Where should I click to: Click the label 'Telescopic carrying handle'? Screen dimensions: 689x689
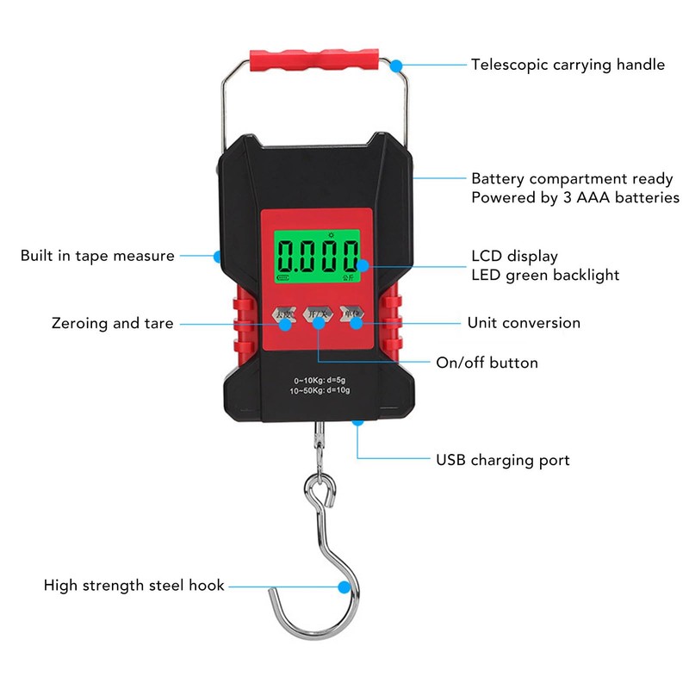tap(568, 65)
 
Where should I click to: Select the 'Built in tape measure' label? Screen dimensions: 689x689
tap(97, 256)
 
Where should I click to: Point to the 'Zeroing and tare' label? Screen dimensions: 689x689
tap(112, 324)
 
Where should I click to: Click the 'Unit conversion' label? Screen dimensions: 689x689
tap(524, 323)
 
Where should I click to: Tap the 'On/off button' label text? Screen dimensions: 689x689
tap(487, 363)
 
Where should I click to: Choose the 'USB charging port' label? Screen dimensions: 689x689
tap(503, 460)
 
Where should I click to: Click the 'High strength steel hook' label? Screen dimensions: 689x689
tap(134, 586)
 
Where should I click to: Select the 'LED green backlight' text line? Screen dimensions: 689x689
tap(545, 275)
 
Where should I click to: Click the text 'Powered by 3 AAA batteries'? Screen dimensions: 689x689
tap(575, 198)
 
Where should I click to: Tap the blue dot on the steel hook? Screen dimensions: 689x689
tap(345, 587)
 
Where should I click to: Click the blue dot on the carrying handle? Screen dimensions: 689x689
tap(396, 65)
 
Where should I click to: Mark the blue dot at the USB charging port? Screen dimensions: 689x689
tap(357, 421)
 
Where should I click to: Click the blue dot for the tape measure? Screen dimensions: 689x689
tap(217, 256)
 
